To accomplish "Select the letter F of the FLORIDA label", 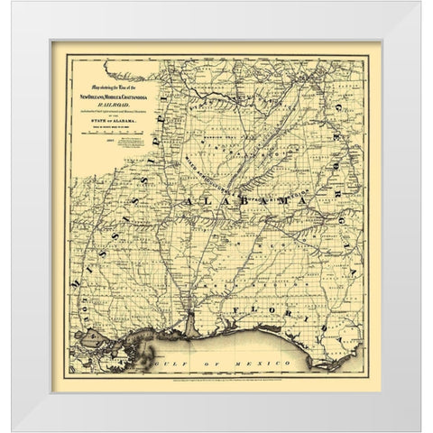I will point(235,311).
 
